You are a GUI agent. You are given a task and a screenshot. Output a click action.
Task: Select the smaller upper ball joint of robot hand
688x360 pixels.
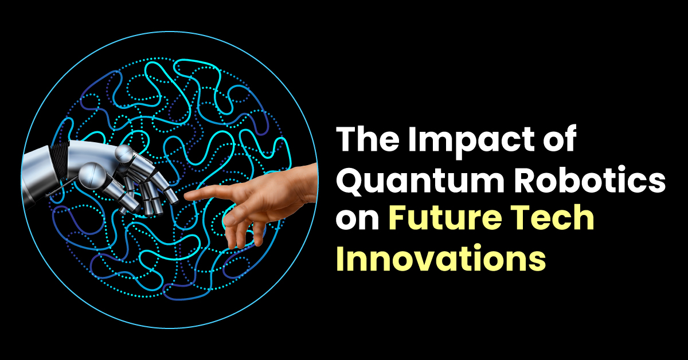coord(123,153)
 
